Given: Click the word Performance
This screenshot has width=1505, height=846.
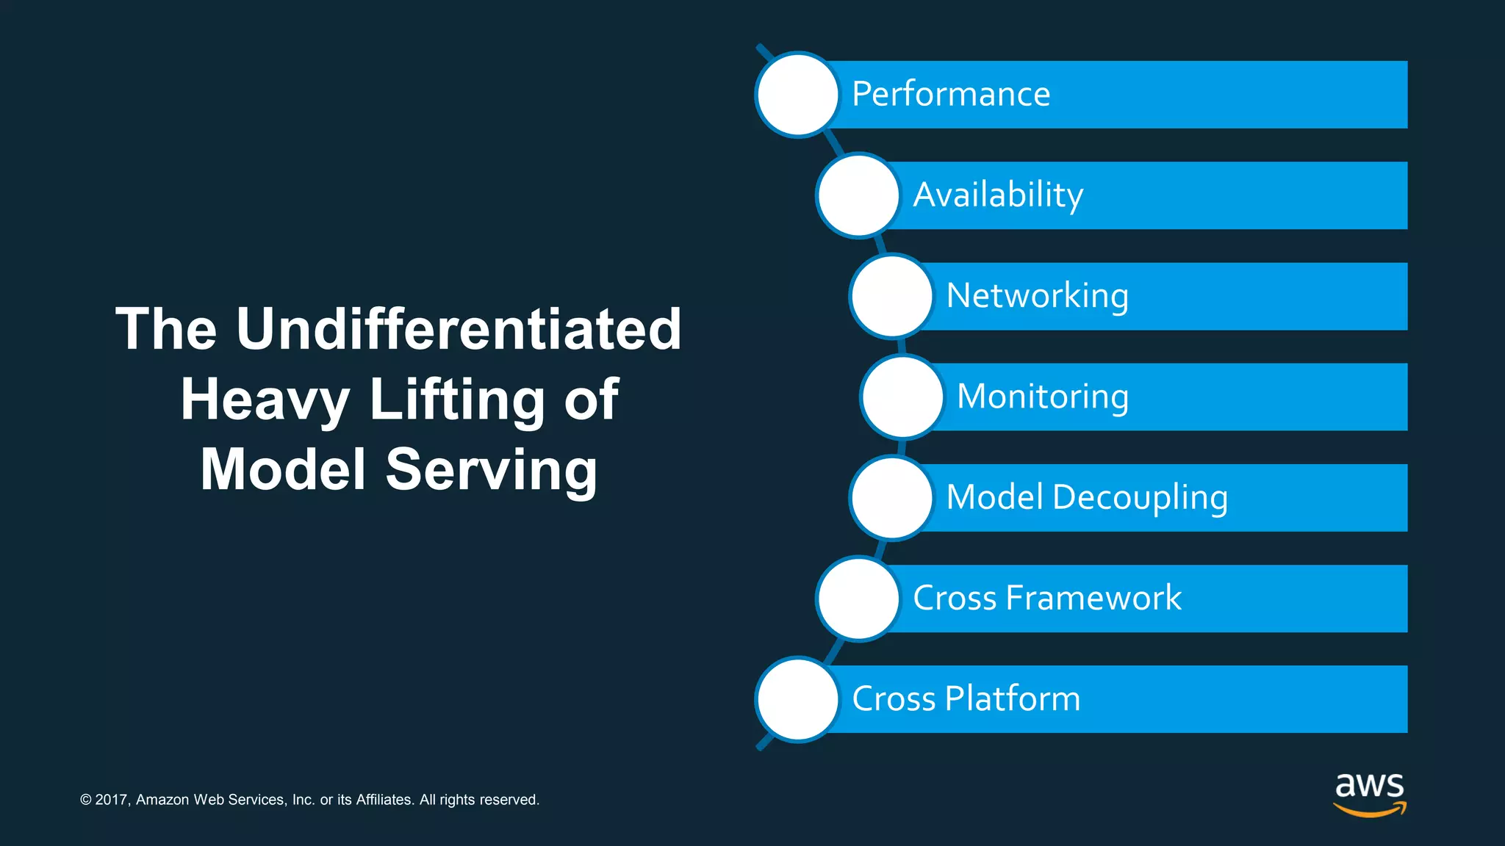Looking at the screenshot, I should click(951, 95).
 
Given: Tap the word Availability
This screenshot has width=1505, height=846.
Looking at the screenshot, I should click(998, 195).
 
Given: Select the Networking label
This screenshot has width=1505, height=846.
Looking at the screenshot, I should click(1037, 296).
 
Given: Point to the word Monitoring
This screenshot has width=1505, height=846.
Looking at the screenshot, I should click(1042, 397).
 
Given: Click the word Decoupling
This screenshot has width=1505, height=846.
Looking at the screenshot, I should click(1140, 498).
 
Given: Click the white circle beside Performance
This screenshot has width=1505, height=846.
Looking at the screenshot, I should click(797, 95).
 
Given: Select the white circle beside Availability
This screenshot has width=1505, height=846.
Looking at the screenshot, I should click(858, 195).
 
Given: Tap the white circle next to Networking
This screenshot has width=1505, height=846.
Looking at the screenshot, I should click(891, 296).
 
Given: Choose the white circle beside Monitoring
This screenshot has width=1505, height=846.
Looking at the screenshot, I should click(902, 397).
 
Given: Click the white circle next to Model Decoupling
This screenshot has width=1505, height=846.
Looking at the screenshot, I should click(891, 498).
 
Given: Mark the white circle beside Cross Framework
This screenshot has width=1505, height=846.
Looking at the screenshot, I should click(858, 599).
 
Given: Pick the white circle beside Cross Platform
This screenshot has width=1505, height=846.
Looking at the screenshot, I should click(797, 699).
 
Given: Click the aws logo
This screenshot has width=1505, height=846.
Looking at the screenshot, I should click(1369, 794).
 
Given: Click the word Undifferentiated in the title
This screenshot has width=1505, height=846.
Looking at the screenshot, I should click(459, 329).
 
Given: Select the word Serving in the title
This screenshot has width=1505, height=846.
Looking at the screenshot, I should click(491, 470).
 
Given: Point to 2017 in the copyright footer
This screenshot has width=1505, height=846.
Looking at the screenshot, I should click(112, 800).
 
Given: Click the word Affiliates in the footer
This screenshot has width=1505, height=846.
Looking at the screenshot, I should click(384, 800).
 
